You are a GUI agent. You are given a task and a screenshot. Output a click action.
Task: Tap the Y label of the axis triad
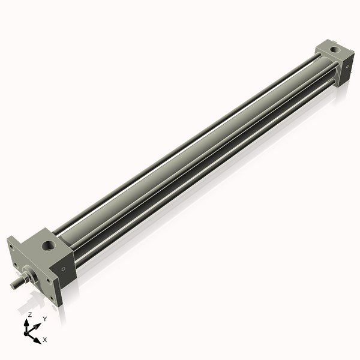44,319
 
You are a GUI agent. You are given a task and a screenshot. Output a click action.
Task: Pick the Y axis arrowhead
38,325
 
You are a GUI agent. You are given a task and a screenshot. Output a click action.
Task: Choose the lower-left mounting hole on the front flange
15,265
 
